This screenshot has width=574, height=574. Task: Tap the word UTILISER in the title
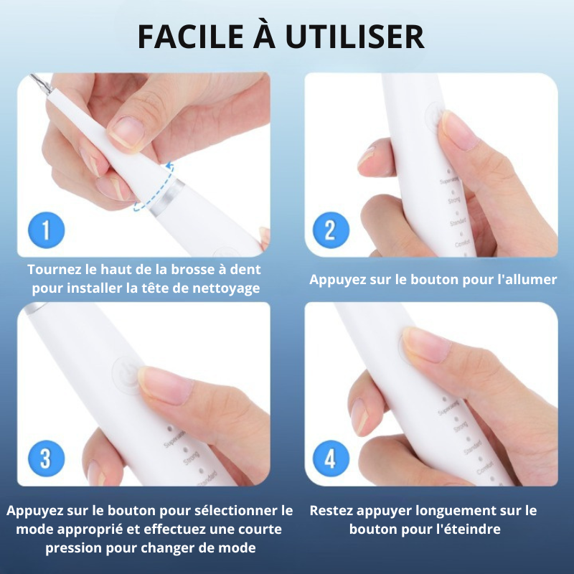tap(366, 37)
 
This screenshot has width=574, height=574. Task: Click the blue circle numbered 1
tap(47, 230)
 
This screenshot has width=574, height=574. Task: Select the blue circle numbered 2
tap(330, 230)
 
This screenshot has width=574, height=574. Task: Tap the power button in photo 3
tap(123, 373)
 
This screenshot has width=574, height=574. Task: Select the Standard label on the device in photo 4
tap(471, 449)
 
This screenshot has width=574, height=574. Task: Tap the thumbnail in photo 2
tap(453, 128)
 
